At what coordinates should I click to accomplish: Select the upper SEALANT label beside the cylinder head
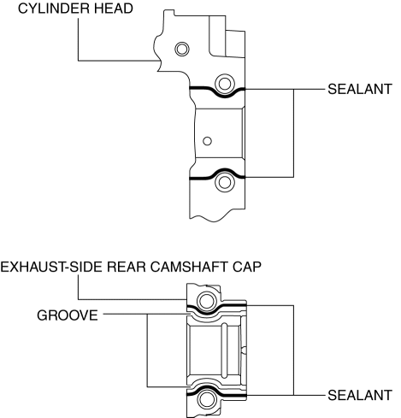pyautogui.click(x=360, y=89)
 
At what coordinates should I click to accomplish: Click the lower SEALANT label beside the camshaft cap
pyautogui.click(x=360, y=396)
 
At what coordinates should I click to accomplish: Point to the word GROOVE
pyautogui.click(x=68, y=315)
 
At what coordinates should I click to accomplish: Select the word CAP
pyautogui.click(x=247, y=268)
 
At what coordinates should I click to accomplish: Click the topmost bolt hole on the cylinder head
pyautogui.click(x=181, y=49)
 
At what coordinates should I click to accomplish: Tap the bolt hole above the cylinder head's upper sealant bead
pyautogui.click(x=225, y=84)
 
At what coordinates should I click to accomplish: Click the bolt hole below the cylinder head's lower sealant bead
pyautogui.click(x=225, y=182)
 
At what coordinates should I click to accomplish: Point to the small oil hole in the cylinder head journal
pyautogui.click(x=207, y=141)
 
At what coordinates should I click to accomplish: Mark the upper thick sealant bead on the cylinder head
pyautogui.click(x=225, y=97)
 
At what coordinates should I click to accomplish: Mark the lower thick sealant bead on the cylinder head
pyautogui.click(x=225, y=170)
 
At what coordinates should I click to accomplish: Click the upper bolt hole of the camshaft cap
pyautogui.click(x=206, y=301)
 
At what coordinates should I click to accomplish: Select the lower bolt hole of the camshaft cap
pyautogui.click(x=206, y=399)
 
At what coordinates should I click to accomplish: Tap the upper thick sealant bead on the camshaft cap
pyautogui.click(x=207, y=313)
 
